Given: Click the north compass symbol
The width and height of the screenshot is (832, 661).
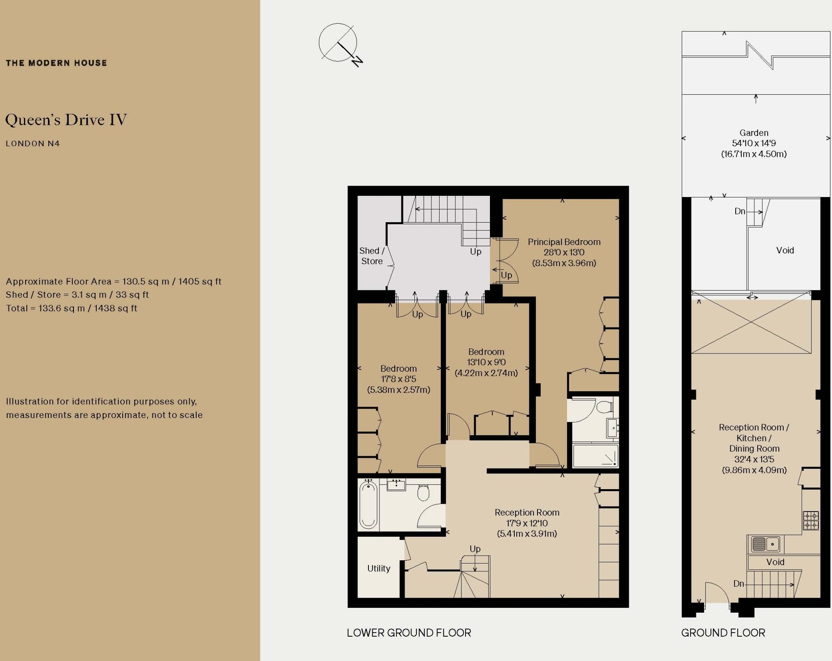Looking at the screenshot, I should [x=338, y=43].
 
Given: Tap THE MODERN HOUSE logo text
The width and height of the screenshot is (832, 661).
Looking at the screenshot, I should [x=56, y=63].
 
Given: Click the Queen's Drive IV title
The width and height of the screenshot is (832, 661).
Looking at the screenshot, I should [x=66, y=120].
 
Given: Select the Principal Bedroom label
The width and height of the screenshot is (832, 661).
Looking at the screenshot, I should [x=564, y=252].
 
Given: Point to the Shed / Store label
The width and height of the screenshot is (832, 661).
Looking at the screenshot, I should [x=372, y=256].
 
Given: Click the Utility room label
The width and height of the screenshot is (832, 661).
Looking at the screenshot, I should [x=379, y=568].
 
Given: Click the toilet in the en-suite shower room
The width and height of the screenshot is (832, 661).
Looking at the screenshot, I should [x=605, y=407].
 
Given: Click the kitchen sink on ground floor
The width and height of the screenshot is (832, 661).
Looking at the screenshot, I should [x=765, y=544].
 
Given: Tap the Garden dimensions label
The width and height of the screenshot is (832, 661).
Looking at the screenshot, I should [x=754, y=143].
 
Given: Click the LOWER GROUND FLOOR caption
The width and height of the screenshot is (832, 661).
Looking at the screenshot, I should [x=409, y=633].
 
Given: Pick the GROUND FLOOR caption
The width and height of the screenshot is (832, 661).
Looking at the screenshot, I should [x=723, y=633].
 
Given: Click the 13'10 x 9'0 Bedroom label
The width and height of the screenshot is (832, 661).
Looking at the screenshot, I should [x=486, y=362].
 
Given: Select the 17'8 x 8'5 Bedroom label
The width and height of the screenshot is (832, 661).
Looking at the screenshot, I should [x=399, y=379].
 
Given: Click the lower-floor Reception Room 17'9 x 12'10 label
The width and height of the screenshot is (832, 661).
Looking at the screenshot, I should [x=527, y=523].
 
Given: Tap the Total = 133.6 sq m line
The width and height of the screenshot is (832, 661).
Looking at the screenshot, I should [x=71, y=308].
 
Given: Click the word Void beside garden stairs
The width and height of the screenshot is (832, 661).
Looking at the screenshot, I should [x=784, y=250].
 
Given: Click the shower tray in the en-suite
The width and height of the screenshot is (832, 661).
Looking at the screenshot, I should [x=596, y=456].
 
